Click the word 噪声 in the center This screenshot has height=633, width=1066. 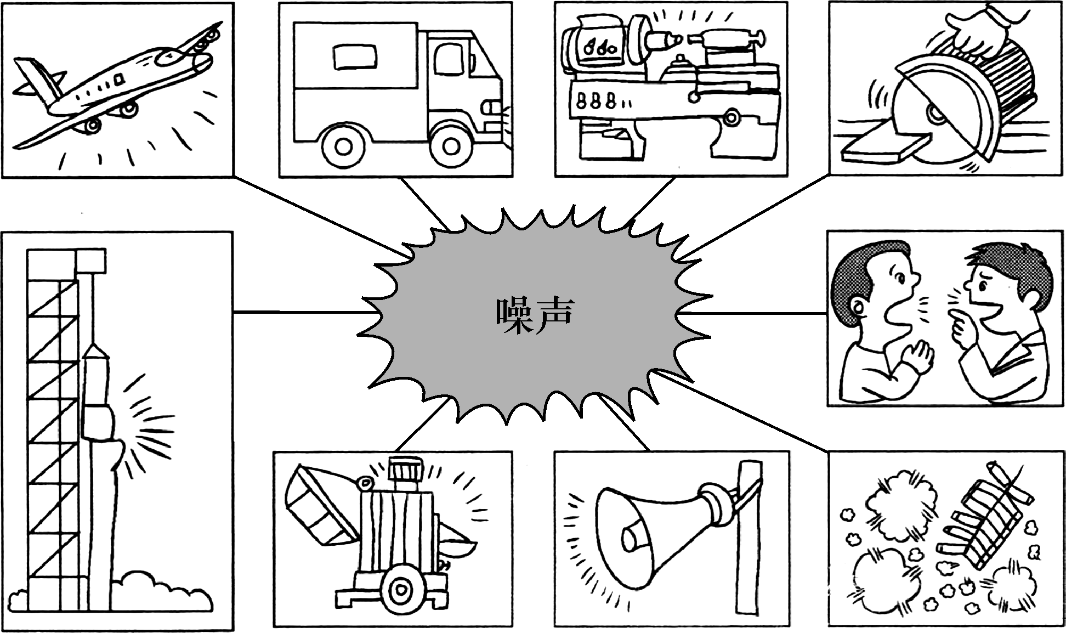535,315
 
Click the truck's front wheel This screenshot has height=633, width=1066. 451,146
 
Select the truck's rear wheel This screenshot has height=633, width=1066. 343,146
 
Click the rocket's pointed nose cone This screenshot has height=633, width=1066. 96,350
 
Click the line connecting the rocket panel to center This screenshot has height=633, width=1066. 302,313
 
